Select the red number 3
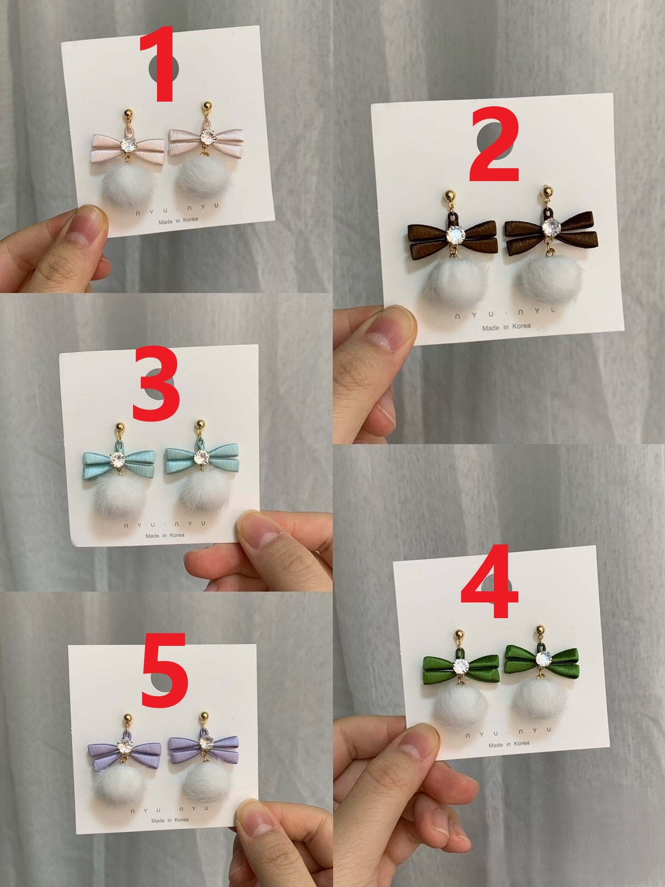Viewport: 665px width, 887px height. [156, 385]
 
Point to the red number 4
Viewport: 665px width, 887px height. [490, 583]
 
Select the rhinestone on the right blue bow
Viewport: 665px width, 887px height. [202, 457]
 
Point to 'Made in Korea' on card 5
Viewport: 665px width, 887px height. [170, 820]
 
